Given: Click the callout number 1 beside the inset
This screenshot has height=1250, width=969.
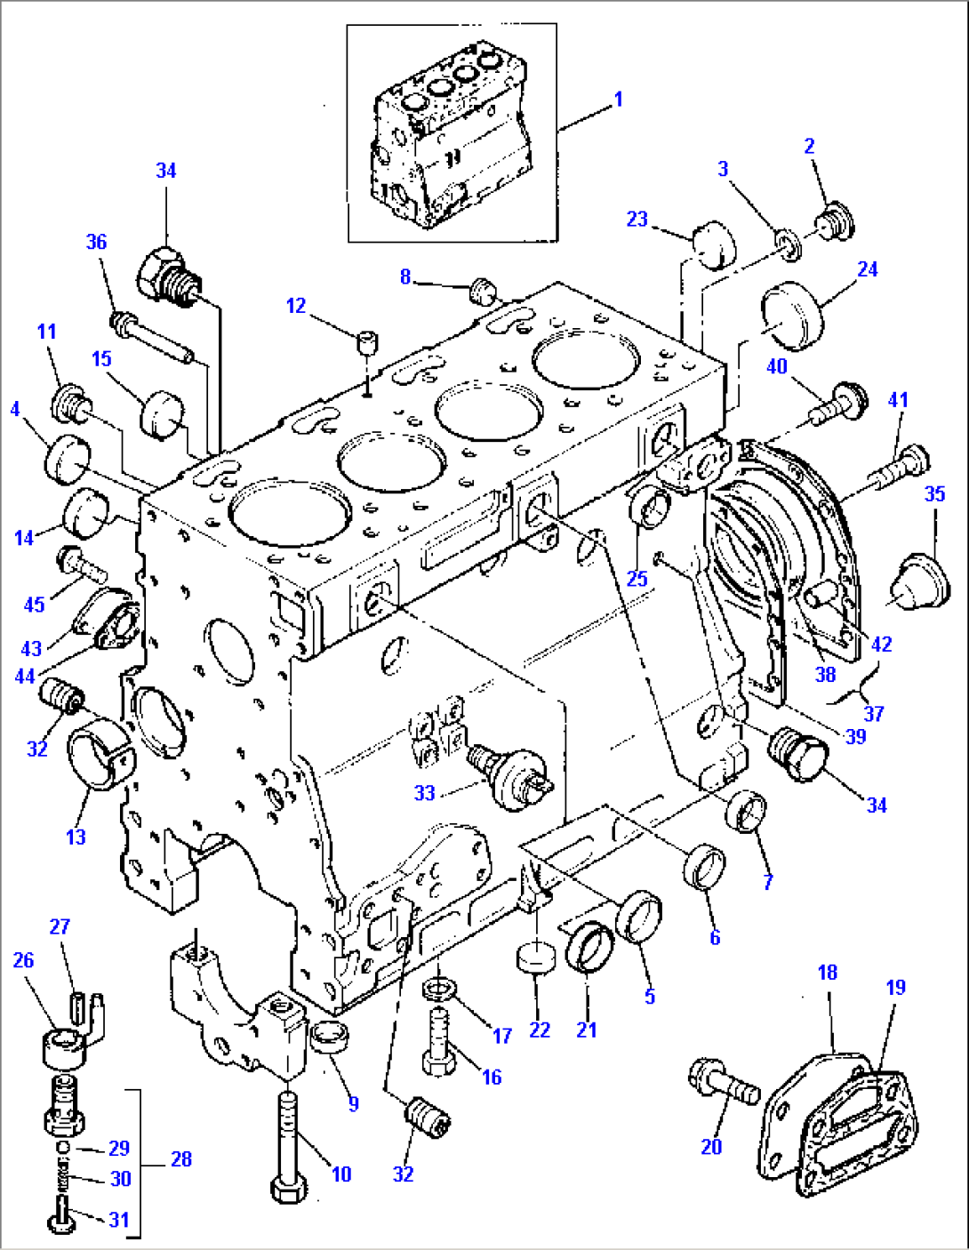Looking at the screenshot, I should (x=618, y=100).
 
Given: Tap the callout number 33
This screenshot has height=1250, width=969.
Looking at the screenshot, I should (x=425, y=792).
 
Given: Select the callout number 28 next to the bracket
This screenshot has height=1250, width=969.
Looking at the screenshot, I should (x=180, y=1158).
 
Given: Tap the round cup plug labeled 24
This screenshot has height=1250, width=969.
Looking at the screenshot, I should (x=790, y=315).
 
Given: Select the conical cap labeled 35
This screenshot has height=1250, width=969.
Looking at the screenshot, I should (x=921, y=583).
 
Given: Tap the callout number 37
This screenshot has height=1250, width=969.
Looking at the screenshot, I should (x=874, y=713).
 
